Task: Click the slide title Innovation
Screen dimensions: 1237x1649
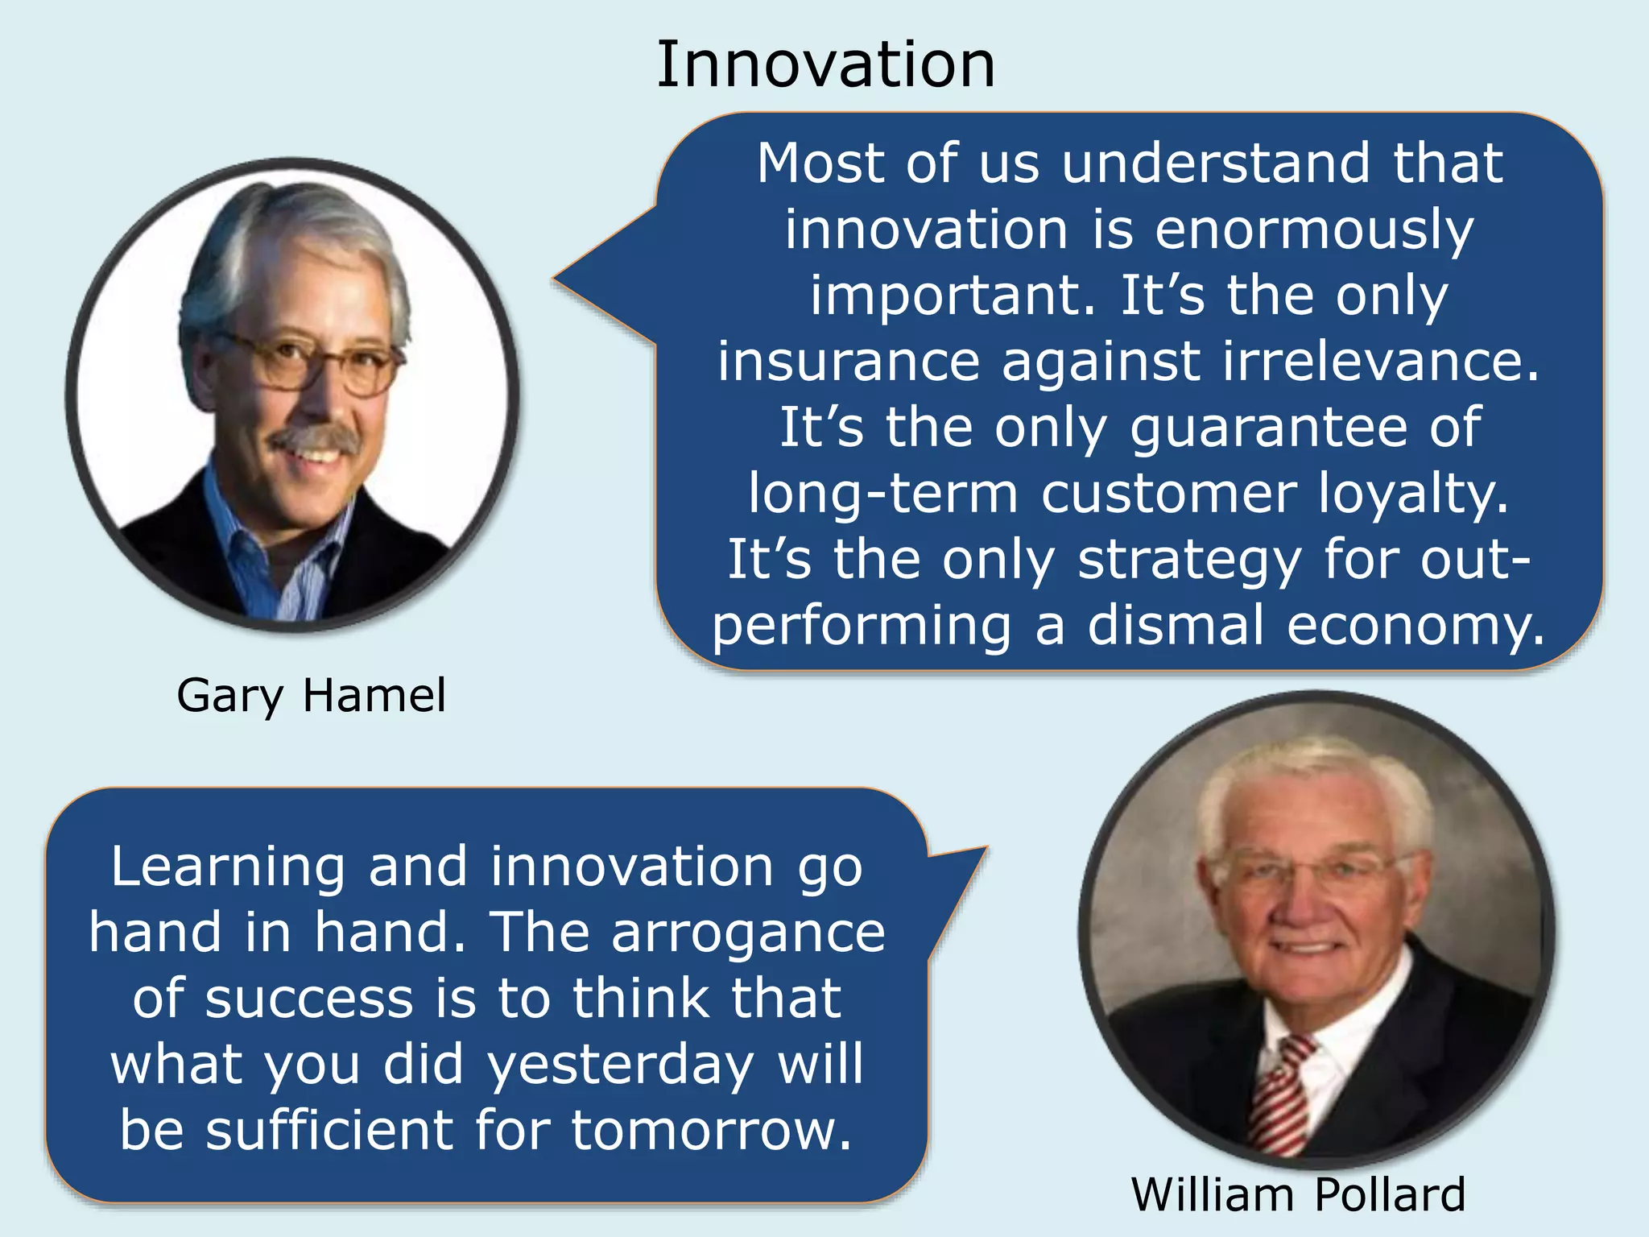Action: (825, 64)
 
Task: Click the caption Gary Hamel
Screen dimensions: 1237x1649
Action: (311, 695)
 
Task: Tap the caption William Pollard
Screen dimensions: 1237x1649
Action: (1298, 1194)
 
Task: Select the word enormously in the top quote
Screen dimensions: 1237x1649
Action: (1314, 230)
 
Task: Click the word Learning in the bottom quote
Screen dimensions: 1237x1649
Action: (228, 867)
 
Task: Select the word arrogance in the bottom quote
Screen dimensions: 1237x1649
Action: (748, 933)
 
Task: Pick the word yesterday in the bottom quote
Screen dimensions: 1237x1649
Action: (621, 1064)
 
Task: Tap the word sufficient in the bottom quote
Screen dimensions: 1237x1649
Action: (329, 1130)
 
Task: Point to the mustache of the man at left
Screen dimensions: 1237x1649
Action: (316, 439)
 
